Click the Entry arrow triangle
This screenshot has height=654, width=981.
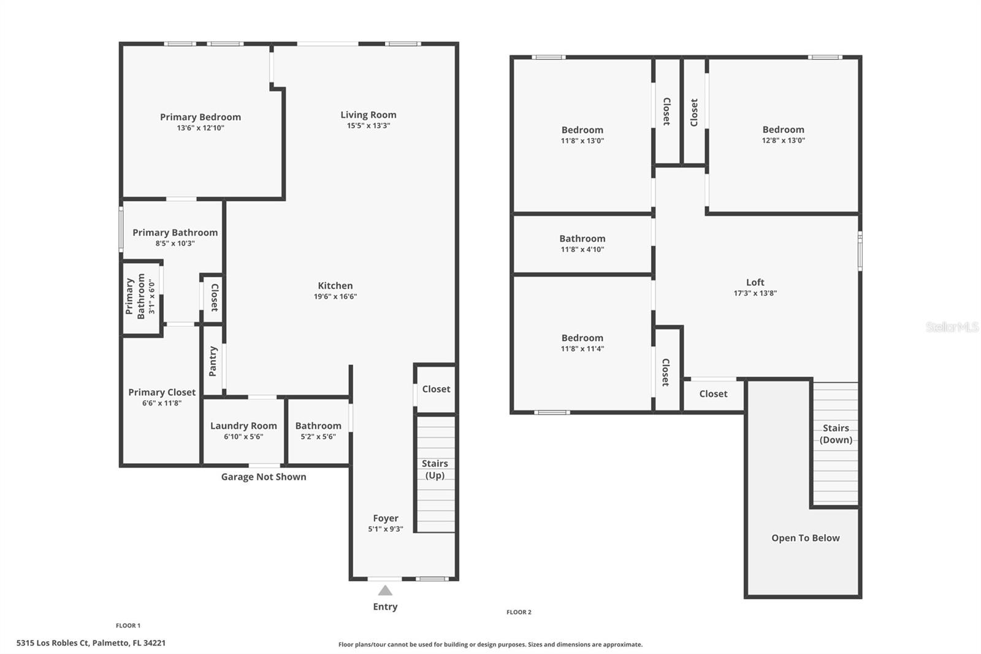click(385, 590)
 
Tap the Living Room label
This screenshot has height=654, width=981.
click(368, 115)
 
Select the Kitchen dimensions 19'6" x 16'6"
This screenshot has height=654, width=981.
click(335, 296)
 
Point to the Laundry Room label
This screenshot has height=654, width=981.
click(243, 426)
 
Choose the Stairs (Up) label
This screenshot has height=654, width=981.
click(435, 469)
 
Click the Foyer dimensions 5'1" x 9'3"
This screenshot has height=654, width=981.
click(386, 529)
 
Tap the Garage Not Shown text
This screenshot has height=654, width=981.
click(264, 477)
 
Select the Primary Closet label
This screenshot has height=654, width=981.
click(162, 392)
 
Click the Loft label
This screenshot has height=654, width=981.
click(755, 282)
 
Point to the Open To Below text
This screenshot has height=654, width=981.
click(805, 538)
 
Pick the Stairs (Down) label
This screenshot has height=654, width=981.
click(836, 434)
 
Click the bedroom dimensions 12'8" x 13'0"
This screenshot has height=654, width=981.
click(783, 140)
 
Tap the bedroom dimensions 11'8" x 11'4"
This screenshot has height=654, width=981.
click(582, 348)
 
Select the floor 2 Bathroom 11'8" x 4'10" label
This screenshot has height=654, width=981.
click(582, 239)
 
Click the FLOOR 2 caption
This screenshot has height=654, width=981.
click(519, 612)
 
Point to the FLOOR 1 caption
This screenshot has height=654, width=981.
click(128, 626)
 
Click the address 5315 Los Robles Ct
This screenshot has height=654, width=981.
click(91, 643)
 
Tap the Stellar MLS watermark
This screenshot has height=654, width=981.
click(952, 327)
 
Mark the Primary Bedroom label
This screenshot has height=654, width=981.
click(200, 117)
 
